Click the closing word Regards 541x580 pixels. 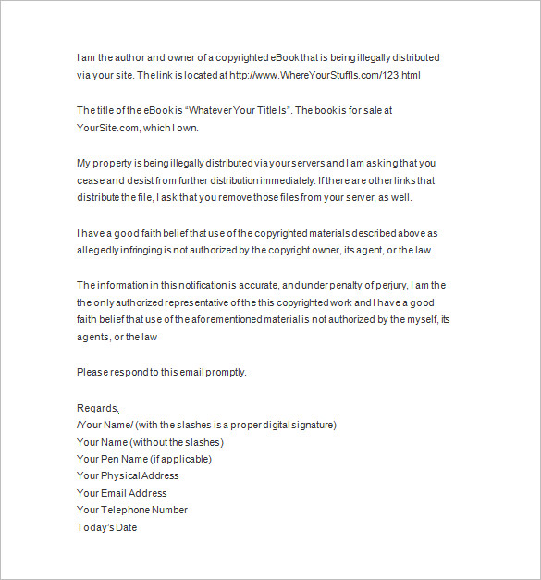[x=97, y=408]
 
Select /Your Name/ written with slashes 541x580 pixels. [x=105, y=425]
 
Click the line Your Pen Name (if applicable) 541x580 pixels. [x=143, y=459]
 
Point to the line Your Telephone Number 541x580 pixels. [x=132, y=510]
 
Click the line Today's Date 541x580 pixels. [x=107, y=527]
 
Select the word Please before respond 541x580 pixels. [x=92, y=373]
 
